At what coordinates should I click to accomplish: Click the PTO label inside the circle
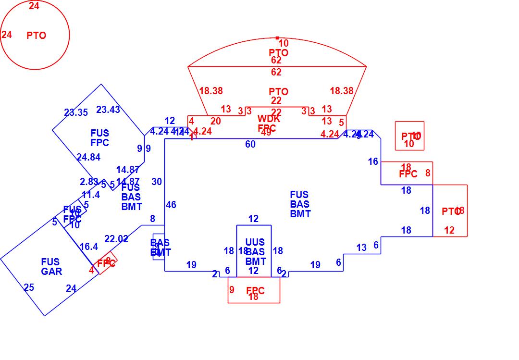(37, 36)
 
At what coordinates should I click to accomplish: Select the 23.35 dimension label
(76, 113)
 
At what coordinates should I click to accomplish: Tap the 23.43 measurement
(108, 110)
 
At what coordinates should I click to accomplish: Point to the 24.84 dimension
(88, 157)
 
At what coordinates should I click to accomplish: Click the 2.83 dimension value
(89, 182)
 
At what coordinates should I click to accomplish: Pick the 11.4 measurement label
(91, 195)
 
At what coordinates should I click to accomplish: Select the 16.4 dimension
(89, 247)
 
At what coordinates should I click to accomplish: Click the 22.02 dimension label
(116, 239)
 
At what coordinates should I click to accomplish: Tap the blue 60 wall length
(250, 145)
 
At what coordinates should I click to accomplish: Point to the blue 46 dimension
(171, 205)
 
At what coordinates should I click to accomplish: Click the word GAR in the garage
(51, 272)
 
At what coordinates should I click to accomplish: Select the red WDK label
(269, 119)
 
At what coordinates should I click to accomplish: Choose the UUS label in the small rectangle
(255, 242)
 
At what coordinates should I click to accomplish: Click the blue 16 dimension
(373, 162)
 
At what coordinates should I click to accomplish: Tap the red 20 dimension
(216, 122)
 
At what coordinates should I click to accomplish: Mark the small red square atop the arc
(277, 37)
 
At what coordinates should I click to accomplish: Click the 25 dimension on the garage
(29, 288)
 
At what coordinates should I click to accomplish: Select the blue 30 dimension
(157, 182)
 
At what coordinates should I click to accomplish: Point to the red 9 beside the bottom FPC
(232, 290)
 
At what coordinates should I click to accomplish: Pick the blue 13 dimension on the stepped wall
(361, 248)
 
